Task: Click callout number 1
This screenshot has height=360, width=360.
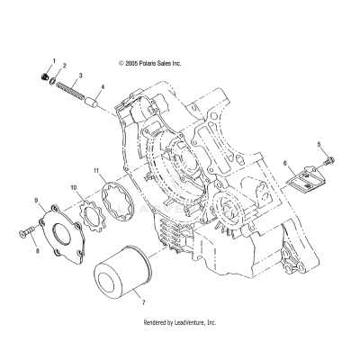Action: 54,59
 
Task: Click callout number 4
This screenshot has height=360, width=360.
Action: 103,87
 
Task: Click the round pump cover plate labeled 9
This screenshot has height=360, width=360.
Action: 62,228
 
